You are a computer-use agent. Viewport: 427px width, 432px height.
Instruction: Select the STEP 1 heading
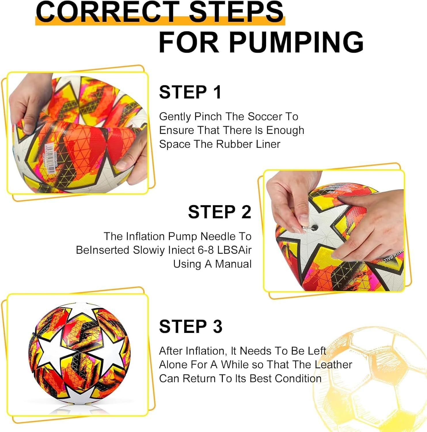point(190,92)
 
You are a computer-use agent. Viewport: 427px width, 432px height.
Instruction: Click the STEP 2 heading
point(220,212)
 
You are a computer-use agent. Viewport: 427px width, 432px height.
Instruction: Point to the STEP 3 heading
point(191,326)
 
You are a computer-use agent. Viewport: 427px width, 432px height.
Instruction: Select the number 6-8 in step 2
point(206,250)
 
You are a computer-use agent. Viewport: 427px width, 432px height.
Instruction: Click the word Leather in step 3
point(333,365)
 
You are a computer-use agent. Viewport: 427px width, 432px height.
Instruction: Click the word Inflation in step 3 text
point(206,351)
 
